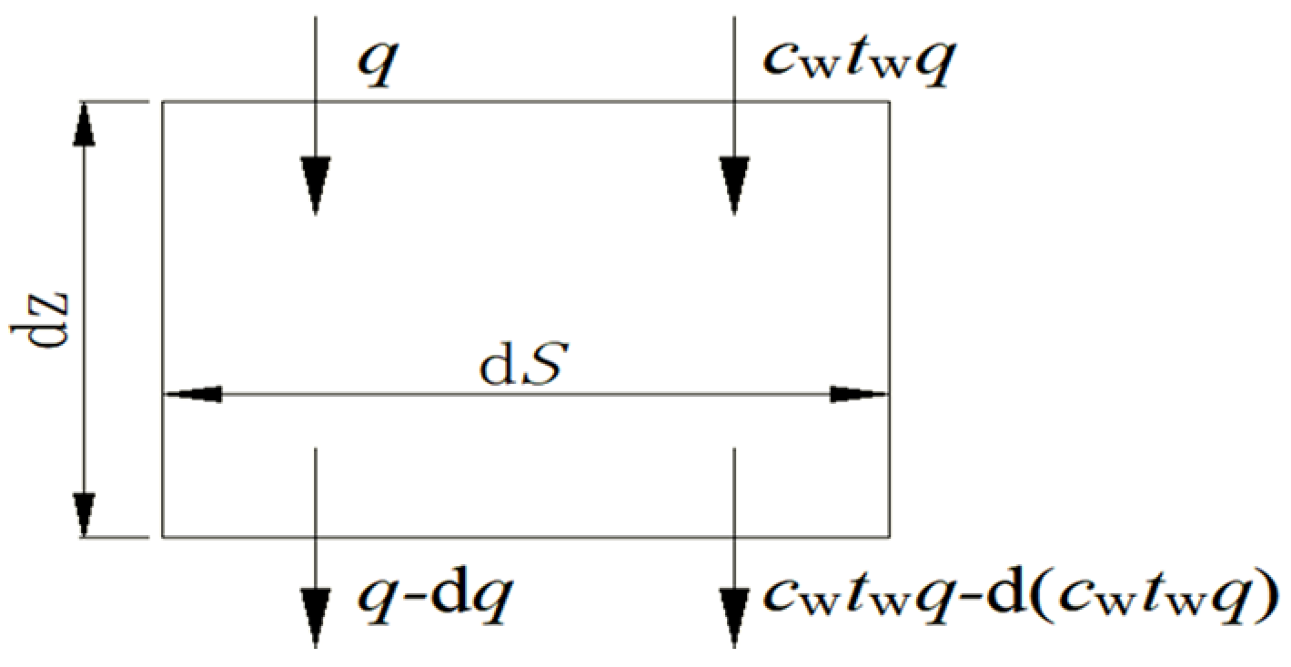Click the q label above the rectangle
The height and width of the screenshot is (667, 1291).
point(375,66)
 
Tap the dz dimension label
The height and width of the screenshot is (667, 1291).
point(35,318)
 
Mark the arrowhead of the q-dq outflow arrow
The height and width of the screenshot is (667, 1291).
point(315,615)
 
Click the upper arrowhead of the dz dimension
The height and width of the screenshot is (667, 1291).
point(84,122)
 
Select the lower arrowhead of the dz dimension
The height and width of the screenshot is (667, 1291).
point(84,515)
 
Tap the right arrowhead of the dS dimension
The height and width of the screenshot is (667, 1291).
point(861,395)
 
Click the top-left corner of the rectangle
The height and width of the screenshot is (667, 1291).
point(163,102)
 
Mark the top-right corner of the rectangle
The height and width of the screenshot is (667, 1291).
point(889,102)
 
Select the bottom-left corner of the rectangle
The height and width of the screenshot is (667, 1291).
point(163,537)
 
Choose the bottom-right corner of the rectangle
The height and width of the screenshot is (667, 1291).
point(889,537)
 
